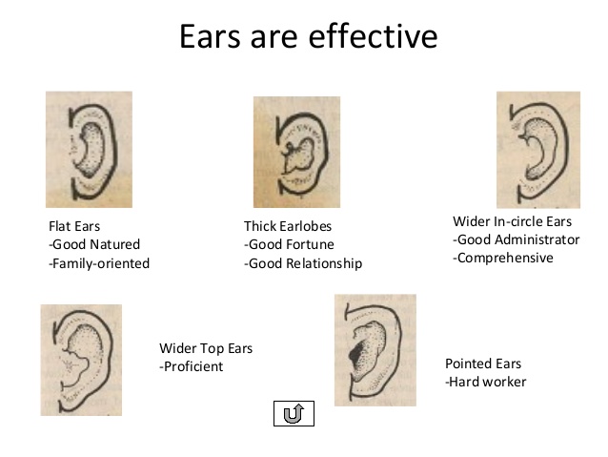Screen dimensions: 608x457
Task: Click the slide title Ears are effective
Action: [x=309, y=36]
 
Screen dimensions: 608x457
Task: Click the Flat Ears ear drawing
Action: [x=89, y=150]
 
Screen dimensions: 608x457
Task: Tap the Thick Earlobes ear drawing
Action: [x=296, y=152]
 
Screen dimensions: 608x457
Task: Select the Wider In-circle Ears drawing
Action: [x=538, y=150]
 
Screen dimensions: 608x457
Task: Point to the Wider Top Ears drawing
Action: [x=81, y=360]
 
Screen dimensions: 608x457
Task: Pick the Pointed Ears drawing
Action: [x=375, y=350]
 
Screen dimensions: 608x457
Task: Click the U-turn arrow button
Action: [x=294, y=413]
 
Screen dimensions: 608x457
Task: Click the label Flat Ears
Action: [x=74, y=226]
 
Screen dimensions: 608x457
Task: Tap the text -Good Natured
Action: [x=94, y=244]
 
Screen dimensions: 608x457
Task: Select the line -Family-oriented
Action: [x=99, y=263]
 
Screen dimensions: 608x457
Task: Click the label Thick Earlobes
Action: [x=288, y=226]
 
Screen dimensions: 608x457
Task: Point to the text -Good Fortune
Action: [x=289, y=244]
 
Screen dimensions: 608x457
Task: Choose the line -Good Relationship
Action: [x=303, y=263]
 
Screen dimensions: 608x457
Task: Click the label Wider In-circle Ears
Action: [x=512, y=221]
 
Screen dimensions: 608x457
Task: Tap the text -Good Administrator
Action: [x=517, y=239]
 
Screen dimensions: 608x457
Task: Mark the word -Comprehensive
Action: [x=503, y=258]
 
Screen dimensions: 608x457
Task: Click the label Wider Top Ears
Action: [x=206, y=348]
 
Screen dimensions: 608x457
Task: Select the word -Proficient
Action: [x=192, y=366]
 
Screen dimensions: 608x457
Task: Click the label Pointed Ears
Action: [x=483, y=364]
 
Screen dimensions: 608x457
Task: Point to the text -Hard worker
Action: [x=485, y=382]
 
